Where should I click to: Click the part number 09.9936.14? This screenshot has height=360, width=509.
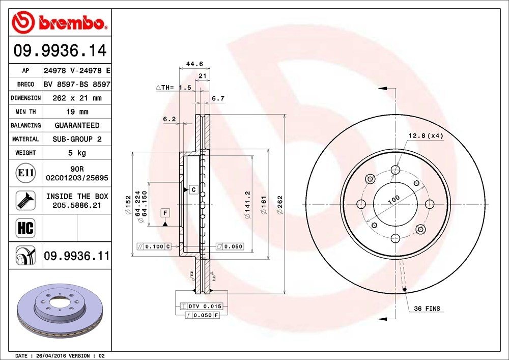pos(60,51)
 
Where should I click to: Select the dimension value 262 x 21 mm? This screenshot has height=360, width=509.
pos(77,98)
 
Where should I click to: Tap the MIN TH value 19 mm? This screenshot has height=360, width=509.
pos(77,112)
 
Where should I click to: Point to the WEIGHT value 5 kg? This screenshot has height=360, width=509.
pos(77,152)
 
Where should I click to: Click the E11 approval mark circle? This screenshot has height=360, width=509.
pos(25,173)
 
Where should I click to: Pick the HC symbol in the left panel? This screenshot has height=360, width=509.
pos(25,228)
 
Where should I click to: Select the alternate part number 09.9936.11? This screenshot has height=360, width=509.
pos(77,256)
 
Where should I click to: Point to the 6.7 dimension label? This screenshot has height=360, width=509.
pos(218,98)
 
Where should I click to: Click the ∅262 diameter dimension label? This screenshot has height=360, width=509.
pos(279,204)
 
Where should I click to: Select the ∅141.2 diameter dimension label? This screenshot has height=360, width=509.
pos(247,205)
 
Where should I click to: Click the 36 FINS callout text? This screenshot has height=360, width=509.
pos(427,309)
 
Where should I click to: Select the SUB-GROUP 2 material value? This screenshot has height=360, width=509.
pos(77,139)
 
